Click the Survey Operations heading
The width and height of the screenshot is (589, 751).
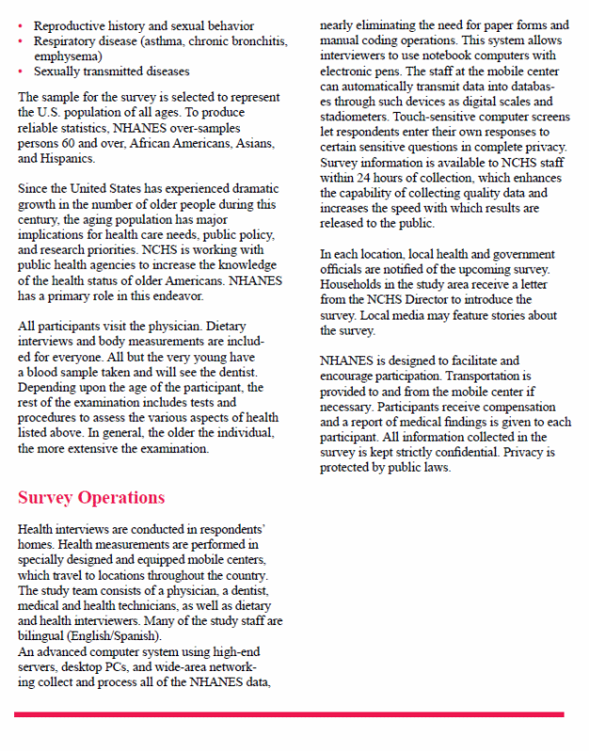91,497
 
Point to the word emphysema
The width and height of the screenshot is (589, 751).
65,56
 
